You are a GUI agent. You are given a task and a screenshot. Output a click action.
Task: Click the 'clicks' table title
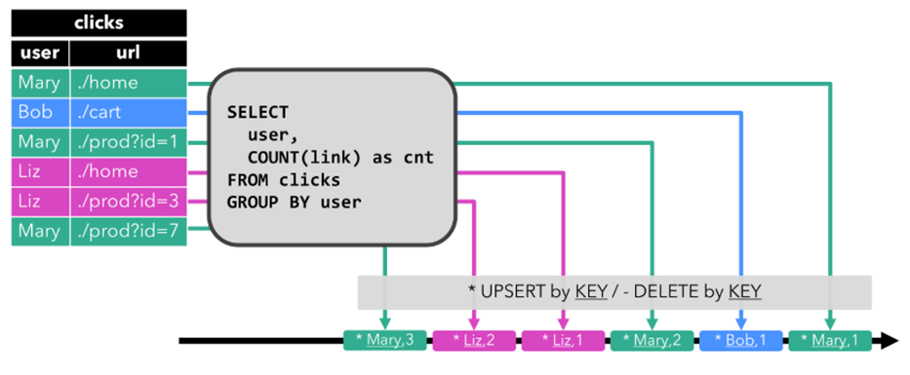[99, 22]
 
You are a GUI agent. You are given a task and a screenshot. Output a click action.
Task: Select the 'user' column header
[39, 53]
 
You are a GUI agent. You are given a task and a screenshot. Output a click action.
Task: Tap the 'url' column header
[128, 53]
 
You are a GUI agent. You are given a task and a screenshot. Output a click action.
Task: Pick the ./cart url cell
[128, 112]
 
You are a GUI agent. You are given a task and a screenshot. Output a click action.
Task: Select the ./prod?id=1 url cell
[128, 142]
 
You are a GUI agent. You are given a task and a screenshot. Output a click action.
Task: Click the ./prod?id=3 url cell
[128, 202]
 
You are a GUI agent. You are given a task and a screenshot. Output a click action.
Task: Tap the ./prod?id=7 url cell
[128, 231]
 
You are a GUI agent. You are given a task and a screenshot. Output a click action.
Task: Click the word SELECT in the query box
[257, 112]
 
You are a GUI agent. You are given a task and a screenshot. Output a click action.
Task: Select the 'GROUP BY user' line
[294, 203]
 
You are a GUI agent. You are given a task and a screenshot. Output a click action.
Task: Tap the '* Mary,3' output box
[384, 341]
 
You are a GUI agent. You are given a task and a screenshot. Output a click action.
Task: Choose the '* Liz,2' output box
[473, 341]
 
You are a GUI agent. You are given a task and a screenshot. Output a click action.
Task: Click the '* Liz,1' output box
[563, 341]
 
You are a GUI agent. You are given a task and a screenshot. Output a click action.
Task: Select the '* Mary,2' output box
[652, 341]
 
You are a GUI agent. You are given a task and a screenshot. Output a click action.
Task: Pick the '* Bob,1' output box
[740, 341]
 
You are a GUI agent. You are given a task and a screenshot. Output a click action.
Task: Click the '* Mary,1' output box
[829, 341]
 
